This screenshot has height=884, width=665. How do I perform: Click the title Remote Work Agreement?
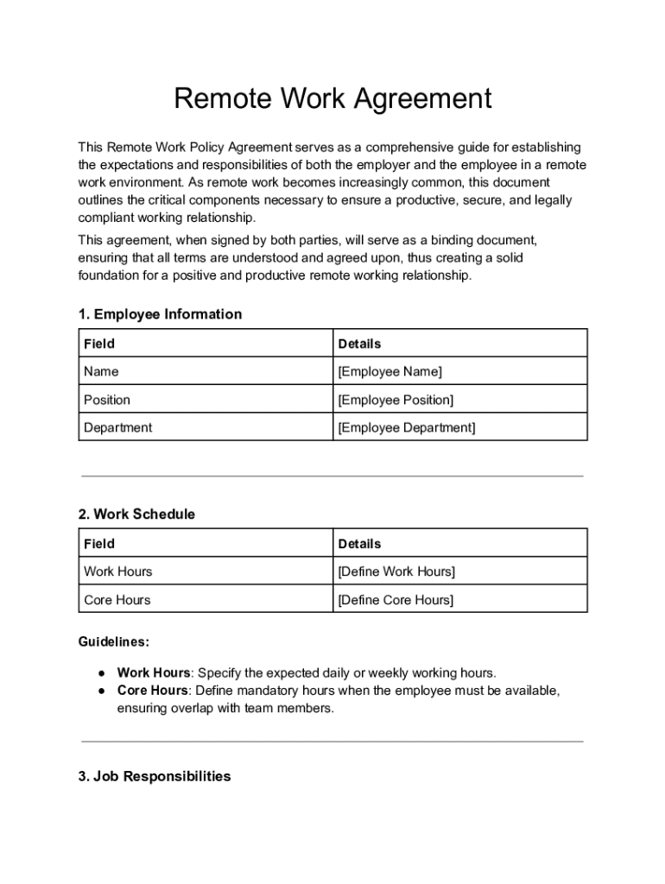point(332,99)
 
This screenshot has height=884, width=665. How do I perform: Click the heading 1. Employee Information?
point(160,314)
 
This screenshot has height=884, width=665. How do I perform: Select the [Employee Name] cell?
point(389,372)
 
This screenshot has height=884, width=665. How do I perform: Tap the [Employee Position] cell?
point(396,400)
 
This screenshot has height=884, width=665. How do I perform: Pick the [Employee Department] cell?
point(406,427)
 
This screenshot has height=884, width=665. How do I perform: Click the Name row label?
point(101,372)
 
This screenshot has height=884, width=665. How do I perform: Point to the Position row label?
point(107,400)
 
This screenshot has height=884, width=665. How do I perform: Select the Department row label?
point(117,427)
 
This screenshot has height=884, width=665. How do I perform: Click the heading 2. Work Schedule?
point(136,515)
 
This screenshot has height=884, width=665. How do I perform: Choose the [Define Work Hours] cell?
point(396,571)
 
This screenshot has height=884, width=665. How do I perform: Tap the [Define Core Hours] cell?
point(396,600)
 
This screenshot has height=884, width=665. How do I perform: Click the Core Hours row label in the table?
point(117,600)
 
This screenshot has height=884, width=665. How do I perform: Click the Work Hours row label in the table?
point(117,571)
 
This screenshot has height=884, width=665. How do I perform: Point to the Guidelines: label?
point(113,642)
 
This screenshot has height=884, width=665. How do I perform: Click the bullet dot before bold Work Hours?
point(101,673)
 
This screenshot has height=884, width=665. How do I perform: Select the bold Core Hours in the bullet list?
point(152,691)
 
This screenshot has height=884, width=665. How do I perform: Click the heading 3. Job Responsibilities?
point(155,777)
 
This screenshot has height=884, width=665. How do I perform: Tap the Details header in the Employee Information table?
point(359,344)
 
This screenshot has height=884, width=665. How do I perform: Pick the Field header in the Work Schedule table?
point(98,544)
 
